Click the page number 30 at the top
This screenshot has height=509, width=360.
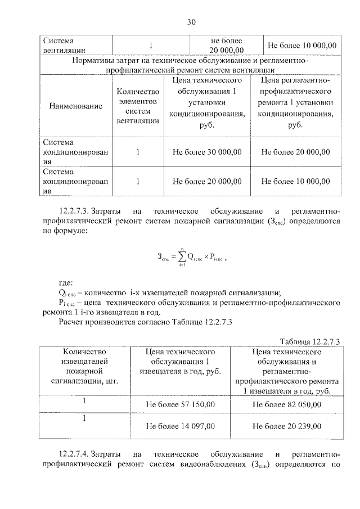(x=191, y=22)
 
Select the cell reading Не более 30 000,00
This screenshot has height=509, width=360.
(x=208, y=151)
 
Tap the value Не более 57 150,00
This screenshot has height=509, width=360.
(x=181, y=404)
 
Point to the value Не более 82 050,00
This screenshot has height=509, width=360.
(x=287, y=404)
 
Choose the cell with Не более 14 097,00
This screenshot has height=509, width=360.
(x=181, y=427)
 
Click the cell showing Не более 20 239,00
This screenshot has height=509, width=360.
(x=287, y=427)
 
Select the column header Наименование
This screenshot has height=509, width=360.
(x=76, y=106)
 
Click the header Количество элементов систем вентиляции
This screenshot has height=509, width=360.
(x=138, y=106)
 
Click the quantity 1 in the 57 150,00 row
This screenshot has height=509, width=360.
(x=84, y=402)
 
